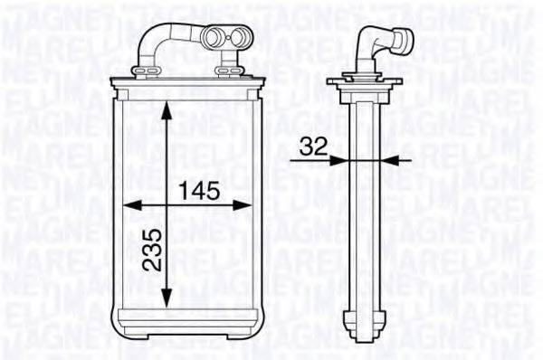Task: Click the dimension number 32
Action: pos(314,146)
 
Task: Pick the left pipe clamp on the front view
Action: pos(143,68)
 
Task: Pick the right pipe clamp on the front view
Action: pos(224,68)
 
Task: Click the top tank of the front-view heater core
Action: pos(186,87)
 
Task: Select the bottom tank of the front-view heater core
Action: pos(186,322)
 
